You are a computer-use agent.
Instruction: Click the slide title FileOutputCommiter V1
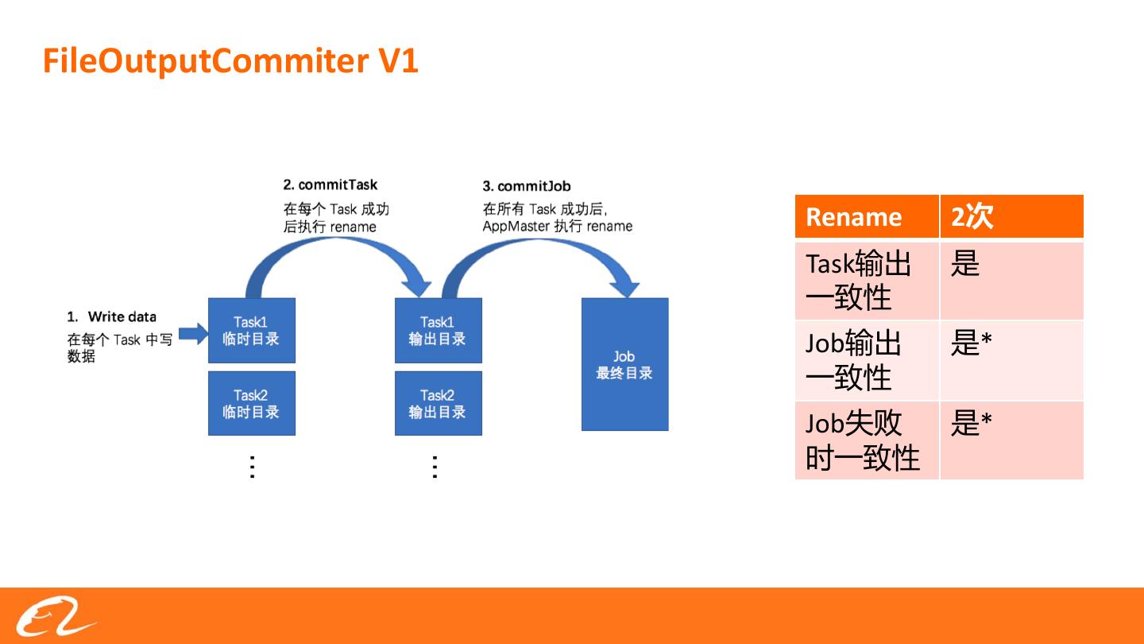pyautogui.click(x=230, y=61)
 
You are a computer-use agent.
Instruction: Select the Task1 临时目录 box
pyautogui.click(x=251, y=331)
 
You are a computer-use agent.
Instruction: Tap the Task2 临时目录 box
pyautogui.click(x=251, y=403)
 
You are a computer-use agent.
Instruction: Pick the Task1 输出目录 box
pyautogui.click(x=438, y=331)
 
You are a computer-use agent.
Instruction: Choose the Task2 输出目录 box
pyautogui.click(x=438, y=403)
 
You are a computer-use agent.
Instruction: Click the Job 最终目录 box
pyautogui.click(x=624, y=365)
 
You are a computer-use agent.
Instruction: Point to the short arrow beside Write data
pyautogui.click(x=191, y=335)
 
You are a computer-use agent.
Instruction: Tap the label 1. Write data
pyautogui.click(x=112, y=316)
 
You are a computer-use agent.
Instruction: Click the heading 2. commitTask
pyautogui.click(x=330, y=185)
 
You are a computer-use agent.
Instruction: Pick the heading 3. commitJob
pyautogui.click(x=527, y=186)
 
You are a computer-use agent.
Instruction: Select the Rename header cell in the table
pyautogui.click(x=866, y=216)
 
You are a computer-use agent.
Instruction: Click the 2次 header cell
pyautogui.click(x=1011, y=216)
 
